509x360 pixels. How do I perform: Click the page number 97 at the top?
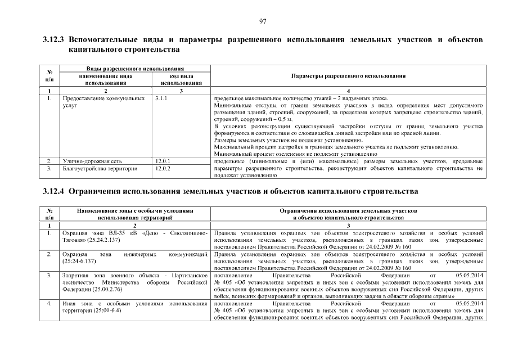coord(262,21)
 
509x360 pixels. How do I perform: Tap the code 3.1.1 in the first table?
coord(161,98)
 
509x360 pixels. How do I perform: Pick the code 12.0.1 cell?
coord(162,161)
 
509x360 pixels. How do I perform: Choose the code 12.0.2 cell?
coord(162,168)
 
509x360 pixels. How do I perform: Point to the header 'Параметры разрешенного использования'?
coord(349,76)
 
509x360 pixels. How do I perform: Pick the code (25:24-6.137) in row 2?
coord(83,261)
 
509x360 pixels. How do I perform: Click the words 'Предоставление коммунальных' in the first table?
coord(100,98)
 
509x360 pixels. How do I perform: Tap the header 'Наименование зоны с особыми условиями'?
coord(135,210)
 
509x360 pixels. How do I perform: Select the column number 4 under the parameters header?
coord(349,91)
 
